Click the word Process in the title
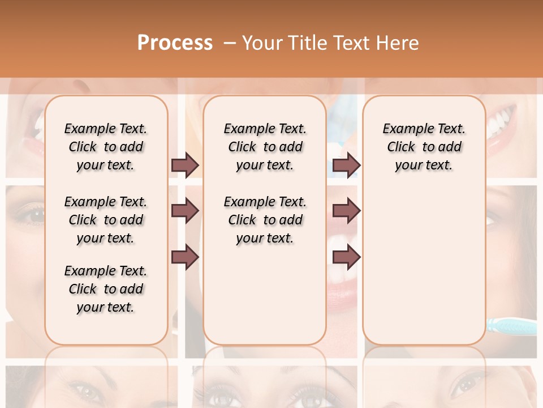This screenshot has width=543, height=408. pyautogui.click(x=175, y=42)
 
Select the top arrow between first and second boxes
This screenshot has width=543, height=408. pyautogui.click(x=185, y=165)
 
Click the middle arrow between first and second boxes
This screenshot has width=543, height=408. pyautogui.click(x=185, y=211)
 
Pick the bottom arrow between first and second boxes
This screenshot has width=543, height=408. pyautogui.click(x=185, y=257)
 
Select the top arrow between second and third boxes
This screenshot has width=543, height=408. pyautogui.click(x=346, y=165)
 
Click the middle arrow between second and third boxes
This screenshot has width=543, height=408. pyautogui.click(x=346, y=211)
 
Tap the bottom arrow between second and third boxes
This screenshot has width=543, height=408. pyautogui.click(x=346, y=257)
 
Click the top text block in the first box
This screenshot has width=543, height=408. pyautogui.click(x=105, y=147)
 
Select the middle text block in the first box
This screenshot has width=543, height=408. pyautogui.click(x=105, y=220)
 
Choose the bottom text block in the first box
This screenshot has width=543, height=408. pyautogui.click(x=105, y=289)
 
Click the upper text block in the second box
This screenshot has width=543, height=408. pyautogui.click(x=265, y=147)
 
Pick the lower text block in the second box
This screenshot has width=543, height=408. pyautogui.click(x=265, y=220)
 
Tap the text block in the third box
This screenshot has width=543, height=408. pyautogui.click(x=424, y=147)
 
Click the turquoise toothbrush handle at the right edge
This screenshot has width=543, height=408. pyautogui.click(x=511, y=326)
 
